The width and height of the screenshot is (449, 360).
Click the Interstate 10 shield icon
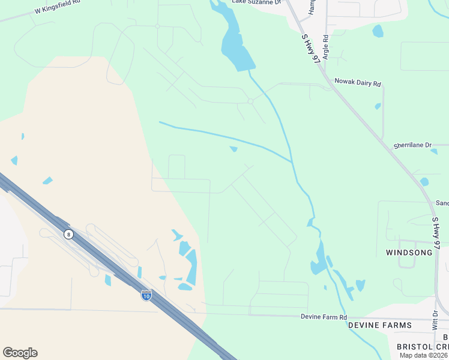pos(146,295)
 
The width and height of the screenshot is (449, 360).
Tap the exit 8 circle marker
pos(69,235)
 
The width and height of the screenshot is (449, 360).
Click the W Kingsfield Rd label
pos(58,10)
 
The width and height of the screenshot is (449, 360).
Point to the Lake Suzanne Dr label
pos(256,2)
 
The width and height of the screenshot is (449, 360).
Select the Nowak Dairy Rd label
pos(358,83)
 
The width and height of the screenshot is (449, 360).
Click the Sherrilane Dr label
pos(412,145)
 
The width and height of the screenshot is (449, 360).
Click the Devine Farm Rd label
pos(324,317)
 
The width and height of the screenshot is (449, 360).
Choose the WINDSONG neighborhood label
pos(409,253)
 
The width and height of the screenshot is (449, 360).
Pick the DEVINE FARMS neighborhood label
pos(380,326)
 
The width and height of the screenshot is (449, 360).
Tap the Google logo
pos(20,353)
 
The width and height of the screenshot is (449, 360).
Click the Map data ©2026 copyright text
pos(423,355)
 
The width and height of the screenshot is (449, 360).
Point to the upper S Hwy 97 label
pos(310,48)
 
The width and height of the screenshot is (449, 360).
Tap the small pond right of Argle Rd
pos(378,31)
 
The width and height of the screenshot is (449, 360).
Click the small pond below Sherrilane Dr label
pos(424,181)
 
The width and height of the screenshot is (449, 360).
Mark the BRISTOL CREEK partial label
pos(423,347)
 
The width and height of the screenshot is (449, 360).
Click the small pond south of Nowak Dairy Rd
pos(378,106)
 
